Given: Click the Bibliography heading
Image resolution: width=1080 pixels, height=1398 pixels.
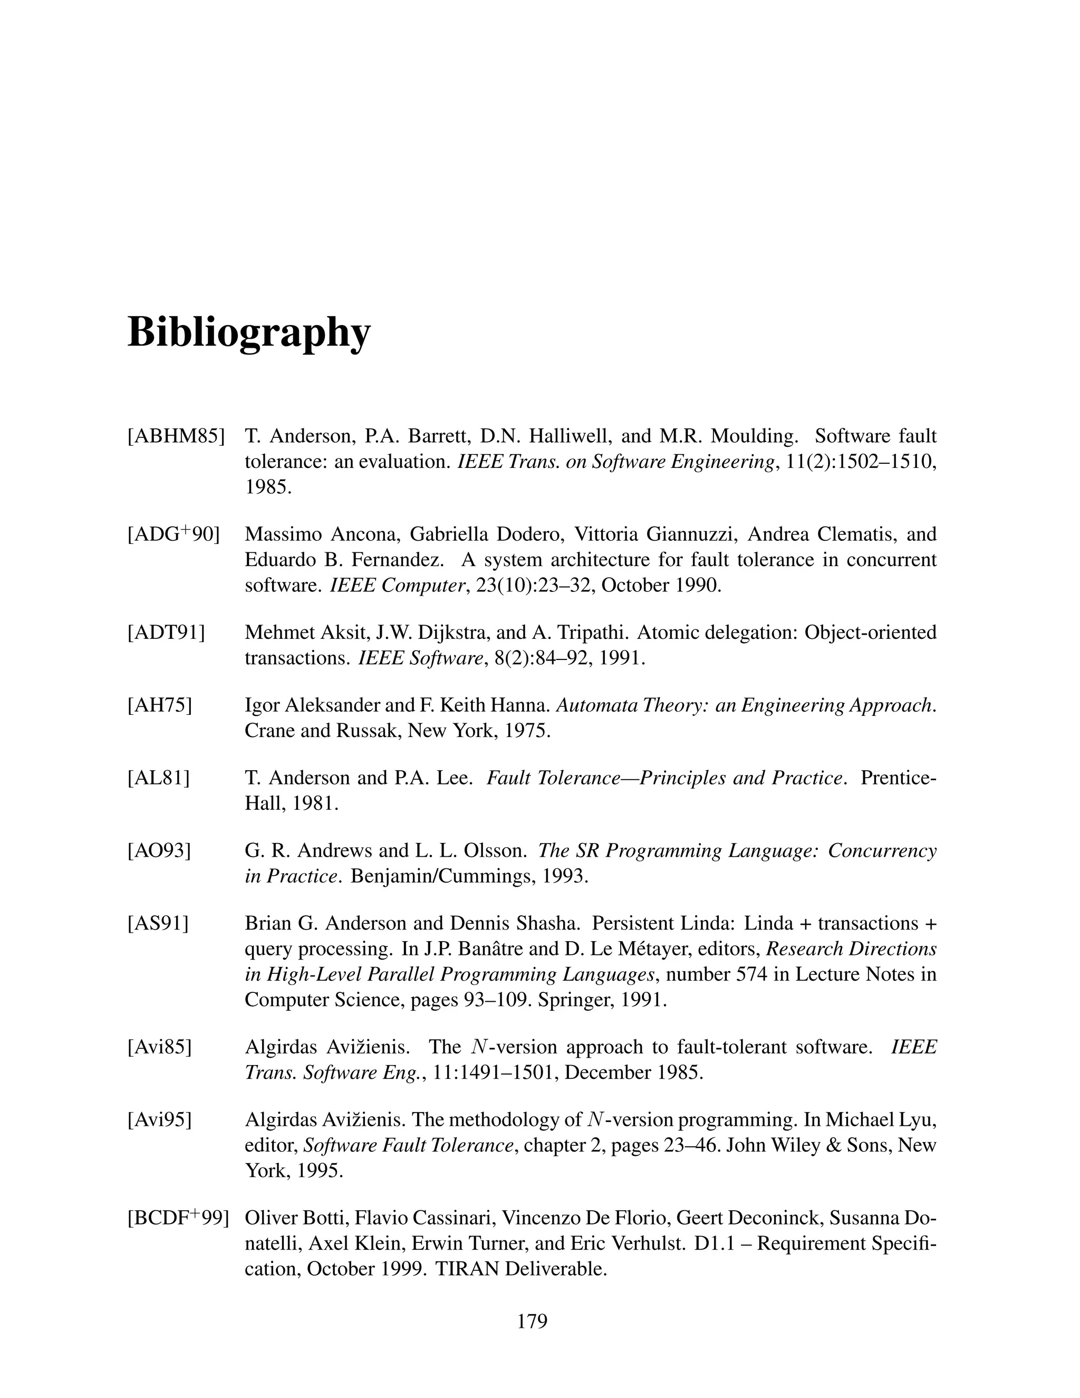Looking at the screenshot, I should (249, 332).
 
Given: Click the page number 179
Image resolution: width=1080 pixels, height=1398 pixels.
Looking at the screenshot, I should (532, 1321).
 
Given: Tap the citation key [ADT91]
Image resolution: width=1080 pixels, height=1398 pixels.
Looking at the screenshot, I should (166, 633).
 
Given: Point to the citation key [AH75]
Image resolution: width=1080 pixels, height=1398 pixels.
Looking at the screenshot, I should (160, 705).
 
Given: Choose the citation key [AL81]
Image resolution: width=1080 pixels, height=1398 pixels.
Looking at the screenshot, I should (159, 778).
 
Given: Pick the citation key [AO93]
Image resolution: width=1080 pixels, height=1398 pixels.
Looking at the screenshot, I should (160, 851).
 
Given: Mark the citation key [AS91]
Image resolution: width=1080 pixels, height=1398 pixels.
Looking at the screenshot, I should (159, 924).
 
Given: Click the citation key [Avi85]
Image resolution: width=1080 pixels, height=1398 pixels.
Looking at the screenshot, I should (160, 1047).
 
